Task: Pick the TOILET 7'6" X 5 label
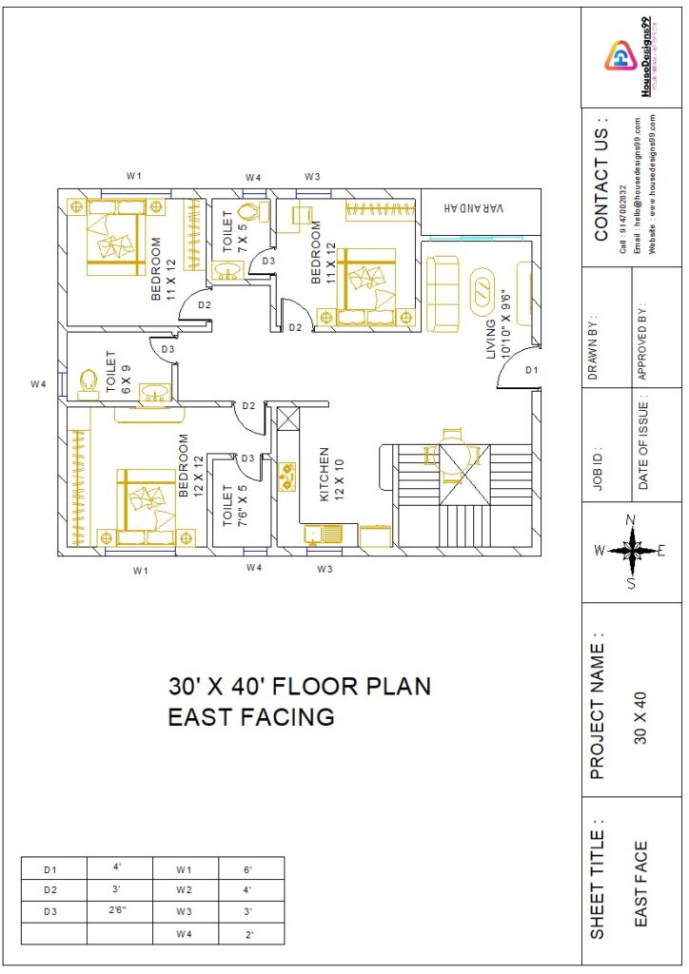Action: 233,505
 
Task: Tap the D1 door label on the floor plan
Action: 531,369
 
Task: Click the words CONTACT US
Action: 601,180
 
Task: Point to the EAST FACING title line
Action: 251,717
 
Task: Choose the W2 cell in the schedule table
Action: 184,890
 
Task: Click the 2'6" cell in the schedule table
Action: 118,911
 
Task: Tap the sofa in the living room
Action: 443,286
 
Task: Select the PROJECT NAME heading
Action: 598,704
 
